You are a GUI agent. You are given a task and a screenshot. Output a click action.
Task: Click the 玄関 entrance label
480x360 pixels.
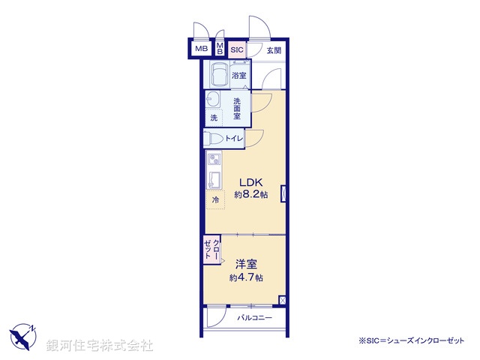(x=273, y=50)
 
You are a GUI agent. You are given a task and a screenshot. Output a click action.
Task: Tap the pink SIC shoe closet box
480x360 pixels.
(x=237, y=50)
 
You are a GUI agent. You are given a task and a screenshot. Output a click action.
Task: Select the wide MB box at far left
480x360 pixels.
(x=200, y=49)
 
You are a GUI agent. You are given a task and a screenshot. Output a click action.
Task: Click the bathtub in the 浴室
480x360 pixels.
(x=220, y=76)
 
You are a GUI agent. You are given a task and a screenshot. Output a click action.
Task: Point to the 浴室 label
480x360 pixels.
(x=239, y=76)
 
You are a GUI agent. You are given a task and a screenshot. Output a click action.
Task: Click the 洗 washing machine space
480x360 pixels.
(x=214, y=117)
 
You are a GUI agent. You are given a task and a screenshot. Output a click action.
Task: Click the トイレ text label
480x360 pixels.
(x=234, y=139)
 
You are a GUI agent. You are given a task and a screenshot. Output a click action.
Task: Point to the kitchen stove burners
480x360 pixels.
(x=213, y=160)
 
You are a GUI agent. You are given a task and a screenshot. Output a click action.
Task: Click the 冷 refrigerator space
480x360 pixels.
(x=216, y=200)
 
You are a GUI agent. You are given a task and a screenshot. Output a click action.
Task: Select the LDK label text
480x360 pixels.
(x=250, y=182)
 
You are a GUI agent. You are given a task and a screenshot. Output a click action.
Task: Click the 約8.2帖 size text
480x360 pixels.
(x=250, y=195)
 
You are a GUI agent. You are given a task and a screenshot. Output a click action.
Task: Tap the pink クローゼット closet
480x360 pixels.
(x=211, y=250)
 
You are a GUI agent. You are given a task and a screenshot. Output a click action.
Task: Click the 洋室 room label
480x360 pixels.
(x=246, y=264)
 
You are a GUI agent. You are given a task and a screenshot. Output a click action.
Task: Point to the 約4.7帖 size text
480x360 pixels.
(x=246, y=277)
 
